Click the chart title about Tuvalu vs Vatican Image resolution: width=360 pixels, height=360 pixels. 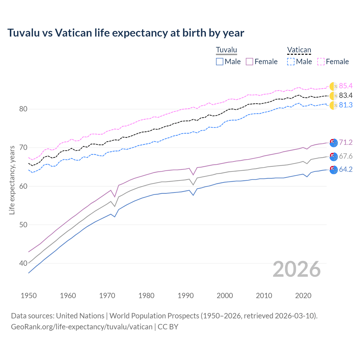[126, 33]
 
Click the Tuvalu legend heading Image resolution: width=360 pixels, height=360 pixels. [226, 50]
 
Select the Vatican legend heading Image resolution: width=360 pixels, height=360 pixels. [299, 50]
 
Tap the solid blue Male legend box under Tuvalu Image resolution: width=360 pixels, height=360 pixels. [220, 62]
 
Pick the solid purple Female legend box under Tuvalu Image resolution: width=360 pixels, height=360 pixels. [249, 62]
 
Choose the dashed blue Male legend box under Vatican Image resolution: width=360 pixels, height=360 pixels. [291, 62]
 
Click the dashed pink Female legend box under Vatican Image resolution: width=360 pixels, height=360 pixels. [321, 62]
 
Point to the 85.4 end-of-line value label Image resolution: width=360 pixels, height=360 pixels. [346, 86]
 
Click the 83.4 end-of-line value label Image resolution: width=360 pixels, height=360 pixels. [346, 95]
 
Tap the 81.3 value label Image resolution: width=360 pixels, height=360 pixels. [346, 105]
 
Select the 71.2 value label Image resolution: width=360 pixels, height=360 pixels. [346, 142]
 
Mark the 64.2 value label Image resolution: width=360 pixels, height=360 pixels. [346, 169]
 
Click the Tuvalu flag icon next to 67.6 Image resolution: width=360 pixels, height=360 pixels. [334, 156]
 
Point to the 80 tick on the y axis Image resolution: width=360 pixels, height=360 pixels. [23, 109]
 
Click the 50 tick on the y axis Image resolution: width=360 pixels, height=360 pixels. [23, 225]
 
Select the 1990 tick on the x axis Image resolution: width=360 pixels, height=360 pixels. [186, 296]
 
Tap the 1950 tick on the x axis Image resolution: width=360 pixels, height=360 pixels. [29, 296]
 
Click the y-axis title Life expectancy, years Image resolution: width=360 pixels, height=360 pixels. [12, 180]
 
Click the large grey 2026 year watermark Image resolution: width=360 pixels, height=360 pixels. [297, 269]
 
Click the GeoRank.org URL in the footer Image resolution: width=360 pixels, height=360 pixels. [82, 327]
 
